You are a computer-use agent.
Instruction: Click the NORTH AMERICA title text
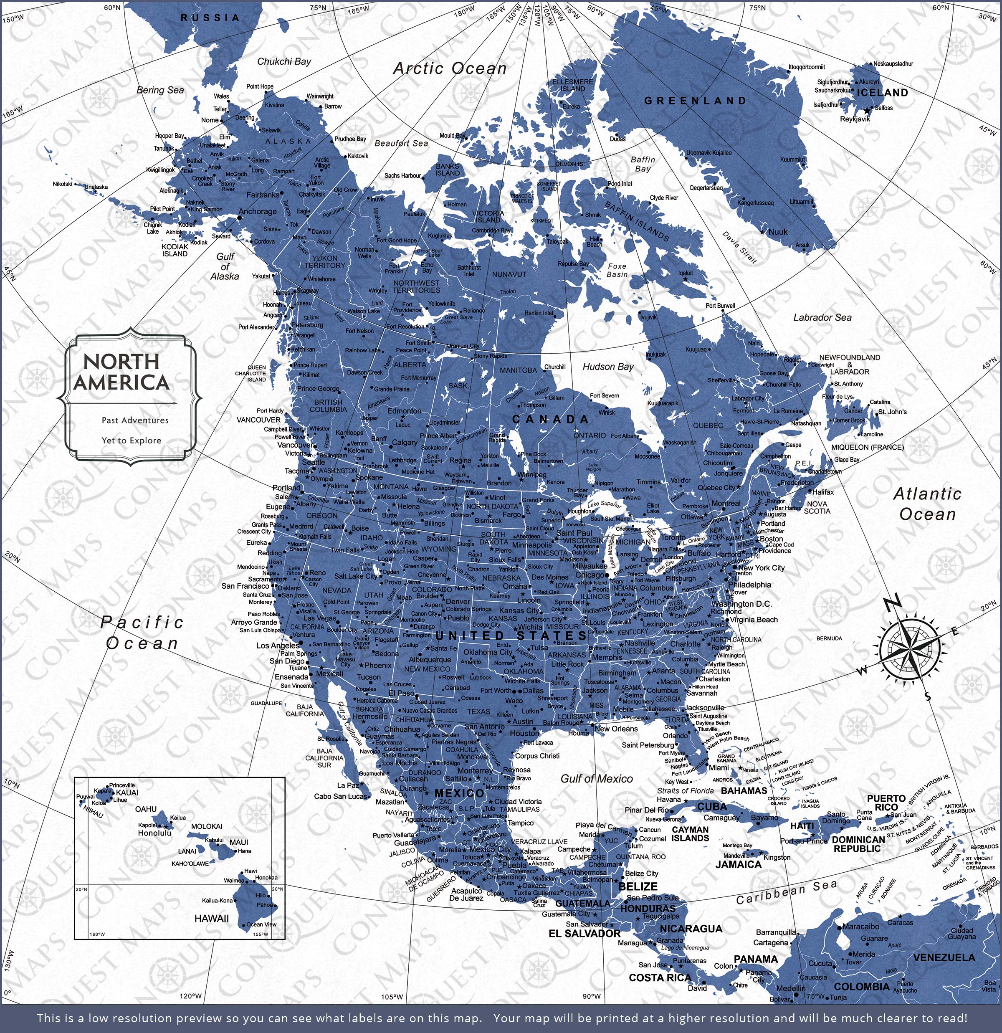(x=122, y=372)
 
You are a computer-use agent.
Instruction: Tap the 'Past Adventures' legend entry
(x=135, y=420)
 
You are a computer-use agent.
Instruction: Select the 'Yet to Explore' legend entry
(x=131, y=440)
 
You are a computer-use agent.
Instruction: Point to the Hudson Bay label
(x=608, y=366)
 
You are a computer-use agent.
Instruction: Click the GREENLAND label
(x=695, y=101)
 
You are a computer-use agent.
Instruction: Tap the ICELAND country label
(x=882, y=93)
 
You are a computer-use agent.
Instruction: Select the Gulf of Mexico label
(x=596, y=778)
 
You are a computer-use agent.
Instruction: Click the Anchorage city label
(x=257, y=211)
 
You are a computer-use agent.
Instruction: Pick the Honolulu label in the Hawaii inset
(x=154, y=833)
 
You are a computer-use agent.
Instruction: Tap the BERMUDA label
(x=829, y=638)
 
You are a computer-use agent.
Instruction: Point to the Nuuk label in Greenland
(x=778, y=231)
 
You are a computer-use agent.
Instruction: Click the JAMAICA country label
(x=738, y=864)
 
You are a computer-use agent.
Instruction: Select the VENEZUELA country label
(x=944, y=957)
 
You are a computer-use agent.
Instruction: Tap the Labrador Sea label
(x=822, y=317)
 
